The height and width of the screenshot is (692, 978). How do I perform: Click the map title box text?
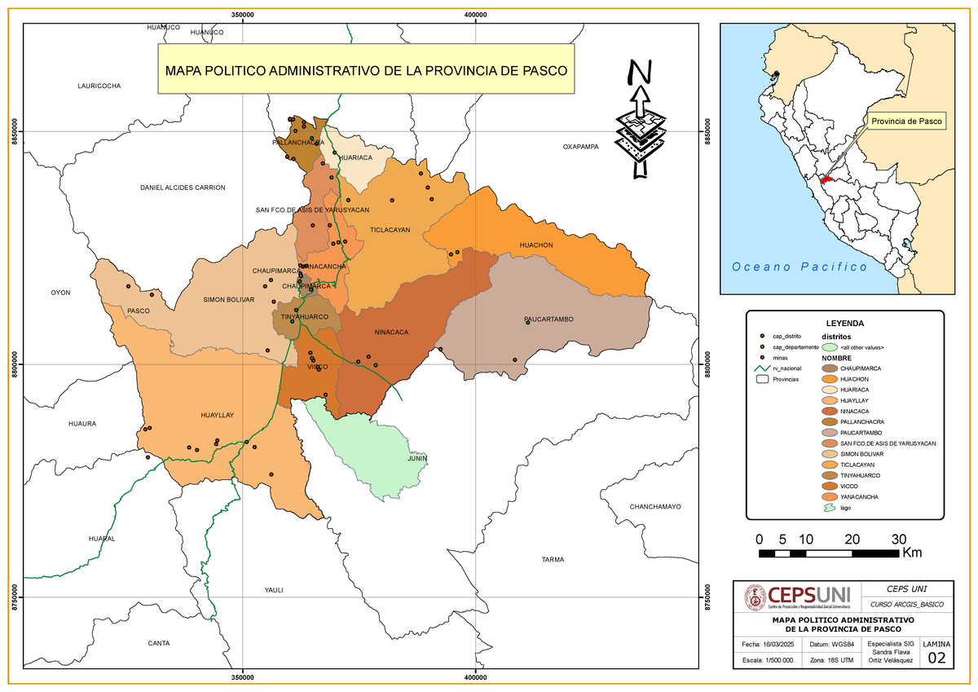coord(366,70)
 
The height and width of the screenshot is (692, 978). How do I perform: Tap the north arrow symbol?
coord(640,120)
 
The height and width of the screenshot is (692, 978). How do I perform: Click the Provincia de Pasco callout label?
coord(906,121)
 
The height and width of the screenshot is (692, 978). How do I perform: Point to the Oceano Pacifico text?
coord(800,267)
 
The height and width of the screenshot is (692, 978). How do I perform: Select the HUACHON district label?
coord(536,245)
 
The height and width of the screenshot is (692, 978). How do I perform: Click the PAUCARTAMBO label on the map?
coord(548,320)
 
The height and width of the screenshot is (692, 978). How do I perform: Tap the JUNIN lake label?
coord(417,458)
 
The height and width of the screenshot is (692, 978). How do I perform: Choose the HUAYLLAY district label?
coord(217,416)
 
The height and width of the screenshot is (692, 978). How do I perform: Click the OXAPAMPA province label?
coord(581,147)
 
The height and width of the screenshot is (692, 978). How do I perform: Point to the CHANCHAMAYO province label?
coord(654,507)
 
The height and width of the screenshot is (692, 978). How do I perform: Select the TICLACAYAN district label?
coord(390,231)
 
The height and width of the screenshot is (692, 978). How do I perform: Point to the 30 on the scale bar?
coord(899,540)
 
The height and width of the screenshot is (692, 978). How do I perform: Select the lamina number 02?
coord(936,659)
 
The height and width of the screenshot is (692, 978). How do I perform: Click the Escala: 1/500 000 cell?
coord(767,659)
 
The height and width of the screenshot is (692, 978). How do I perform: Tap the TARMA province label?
coord(553,560)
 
